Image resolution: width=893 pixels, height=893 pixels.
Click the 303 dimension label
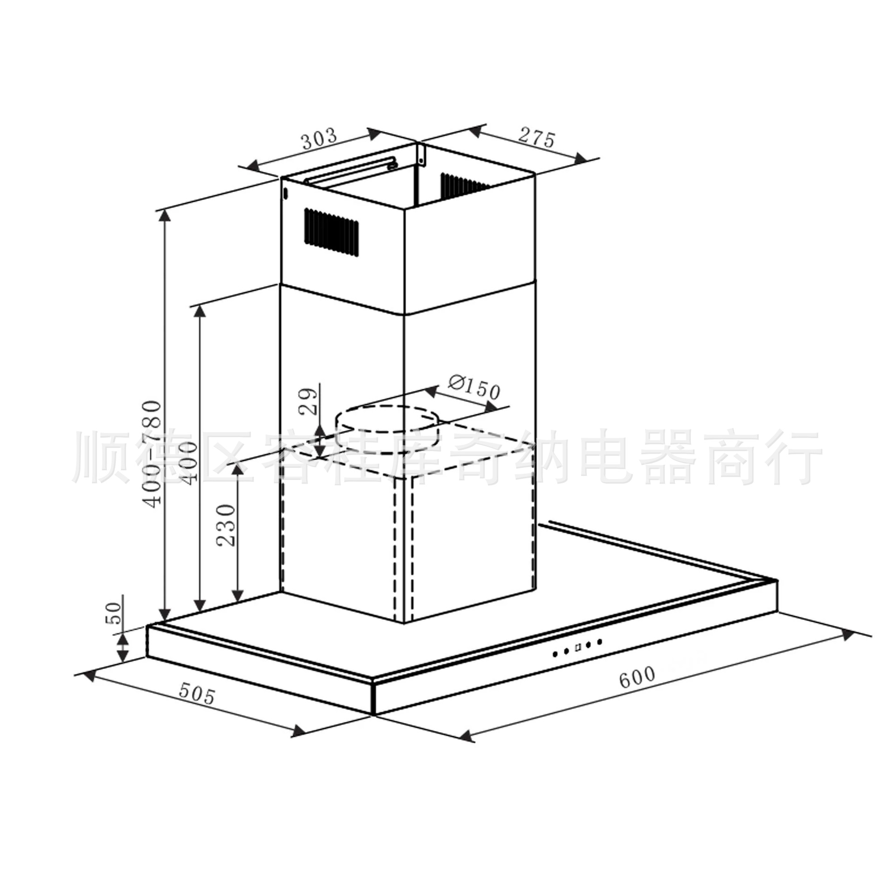pyautogui.click(x=319, y=138)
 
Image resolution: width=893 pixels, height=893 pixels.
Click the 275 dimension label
pyautogui.click(x=537, y=138)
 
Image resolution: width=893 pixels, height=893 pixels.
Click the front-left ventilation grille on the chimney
pyautogui.click(x=332, y=232)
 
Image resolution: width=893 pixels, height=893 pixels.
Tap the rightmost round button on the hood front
pyautogui.click(x=600, y=641)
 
